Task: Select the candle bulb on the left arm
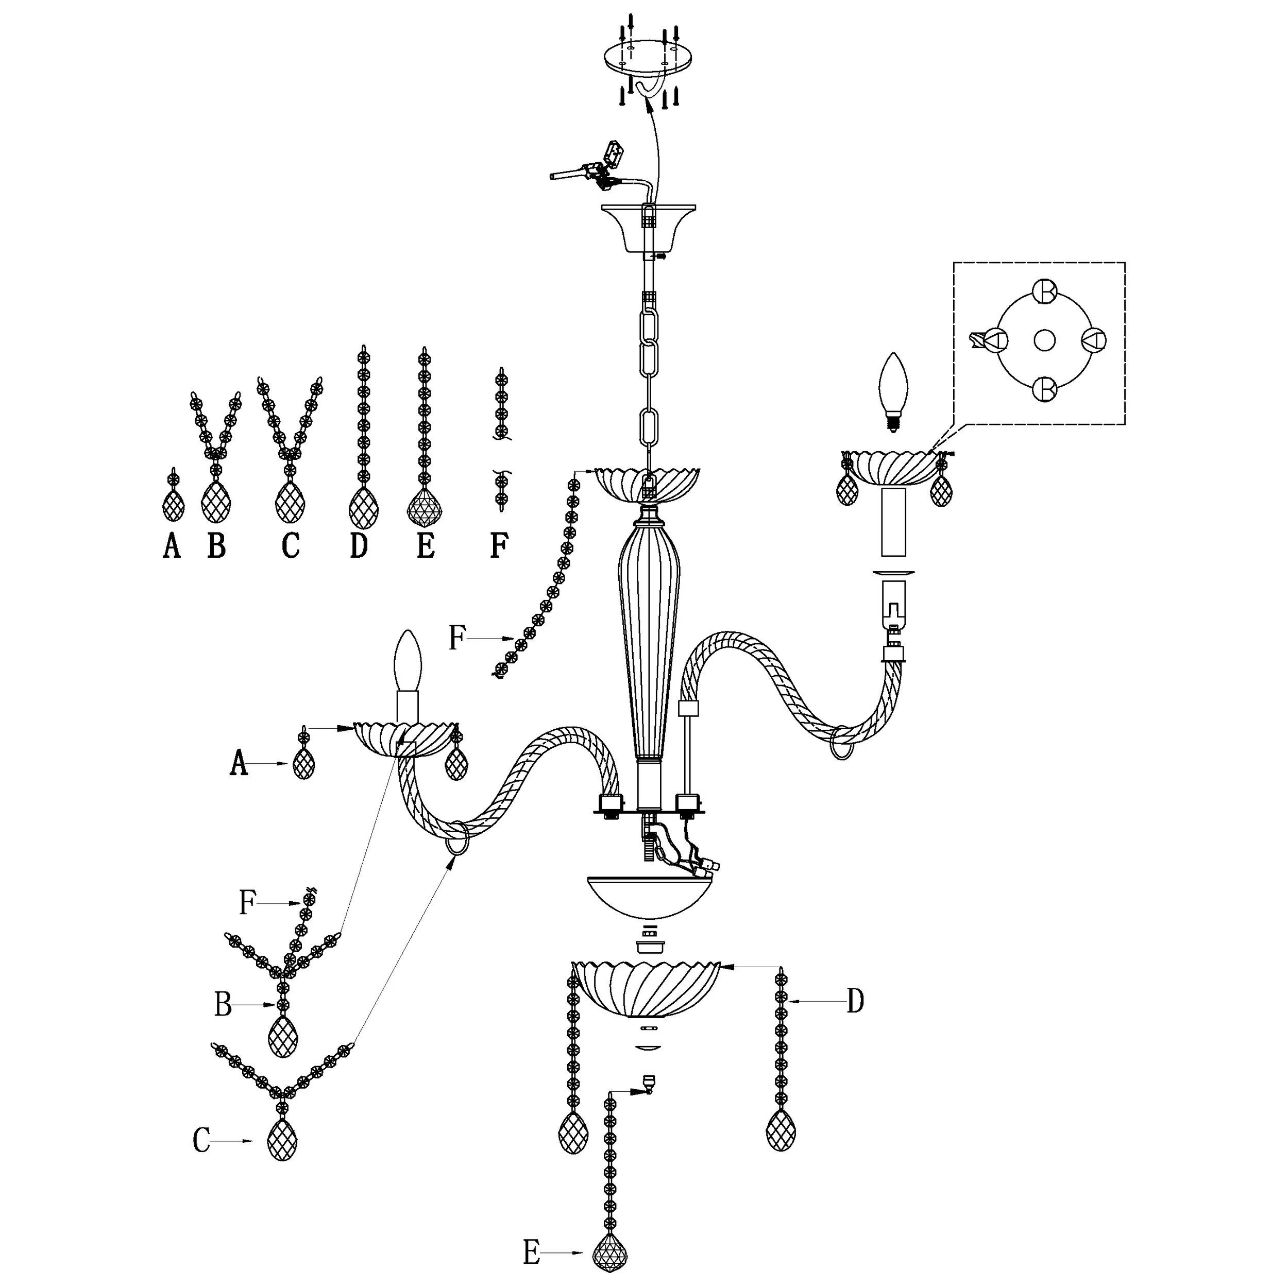point(408,661)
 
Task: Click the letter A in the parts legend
point(172,546)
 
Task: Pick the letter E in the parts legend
point(426,546)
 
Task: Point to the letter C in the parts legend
point(290,546)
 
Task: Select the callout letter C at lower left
point(201,1141)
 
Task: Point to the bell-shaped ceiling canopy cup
point(648,228)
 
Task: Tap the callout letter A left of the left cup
point(238,763)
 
